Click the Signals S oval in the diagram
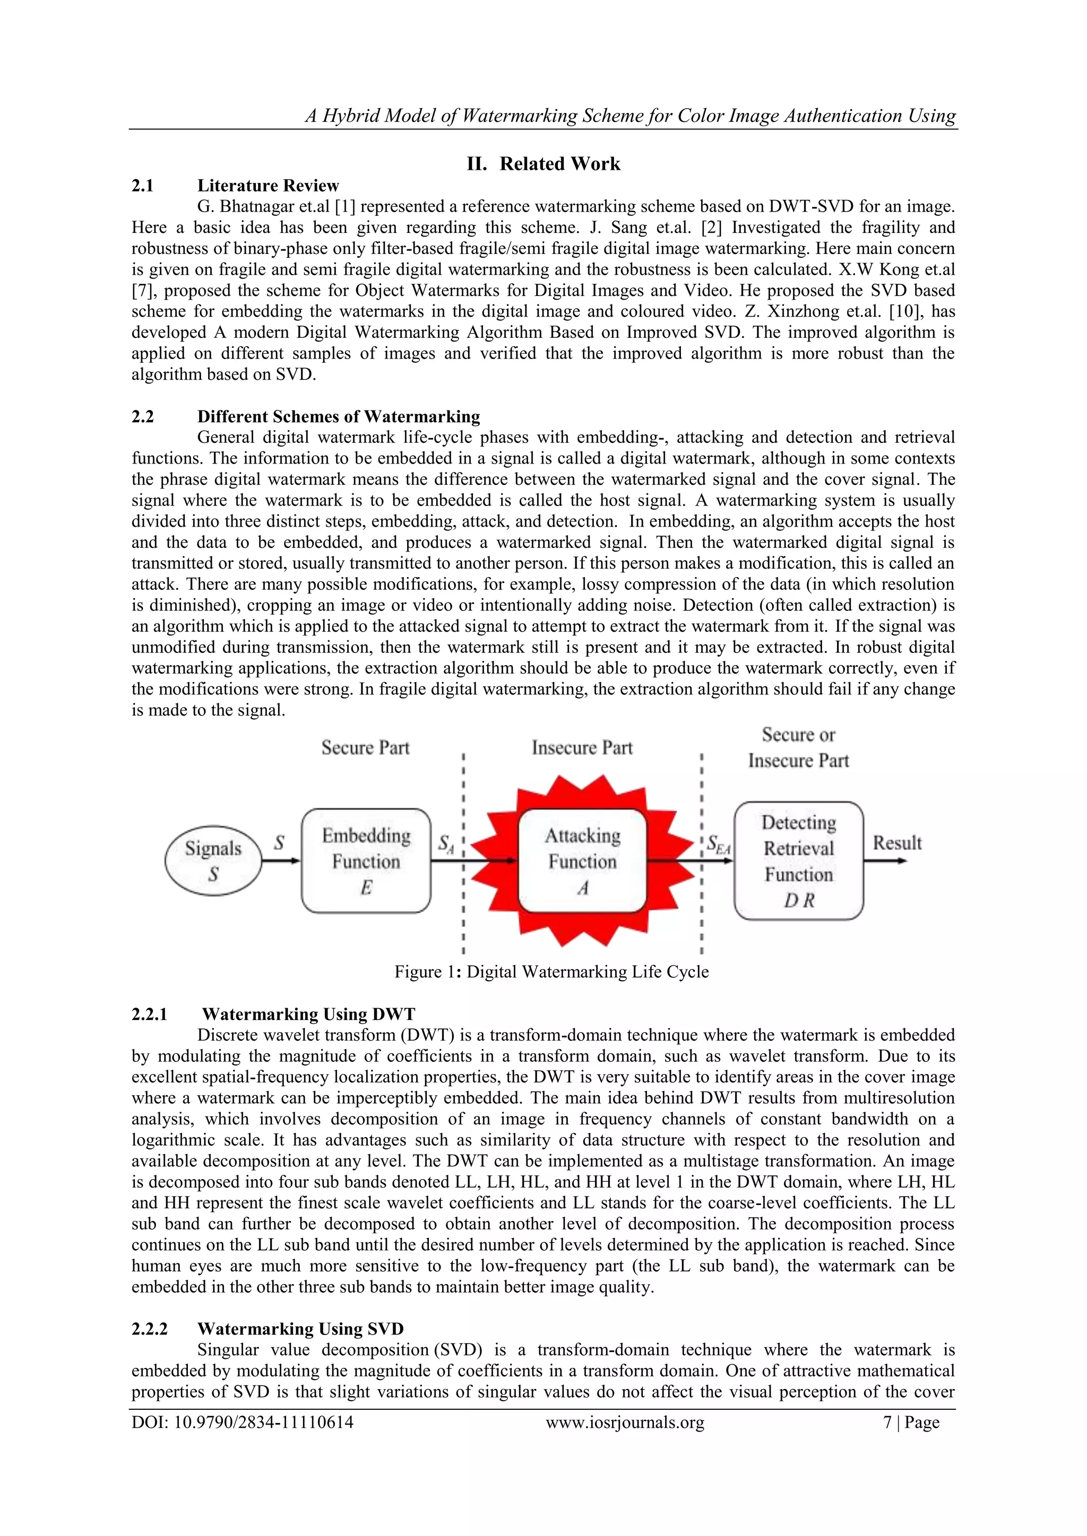pyautogui.click(x=213, y=860)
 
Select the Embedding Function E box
pyautogui.click(x=366, y=860)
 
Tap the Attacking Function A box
pyautogui.click(x=582, y=860)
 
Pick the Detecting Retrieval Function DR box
pyautogui.click(x=798, y=860)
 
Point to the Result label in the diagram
pyautogui.click(x=897, y=843)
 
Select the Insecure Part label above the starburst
pyautogui.click(x=582, y=747)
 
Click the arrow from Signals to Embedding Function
pyautogui.click(x=281, y=861)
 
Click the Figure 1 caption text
pyautogui.click(x=551, y=971)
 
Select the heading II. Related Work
pyautogui.click(x=543, y=164)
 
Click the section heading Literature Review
pyautogui.click(x=268, y=185)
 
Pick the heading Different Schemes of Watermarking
pyautogui.click(x=338, y=417)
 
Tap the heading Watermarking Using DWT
pyautogui.click(x=308, y=1014)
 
